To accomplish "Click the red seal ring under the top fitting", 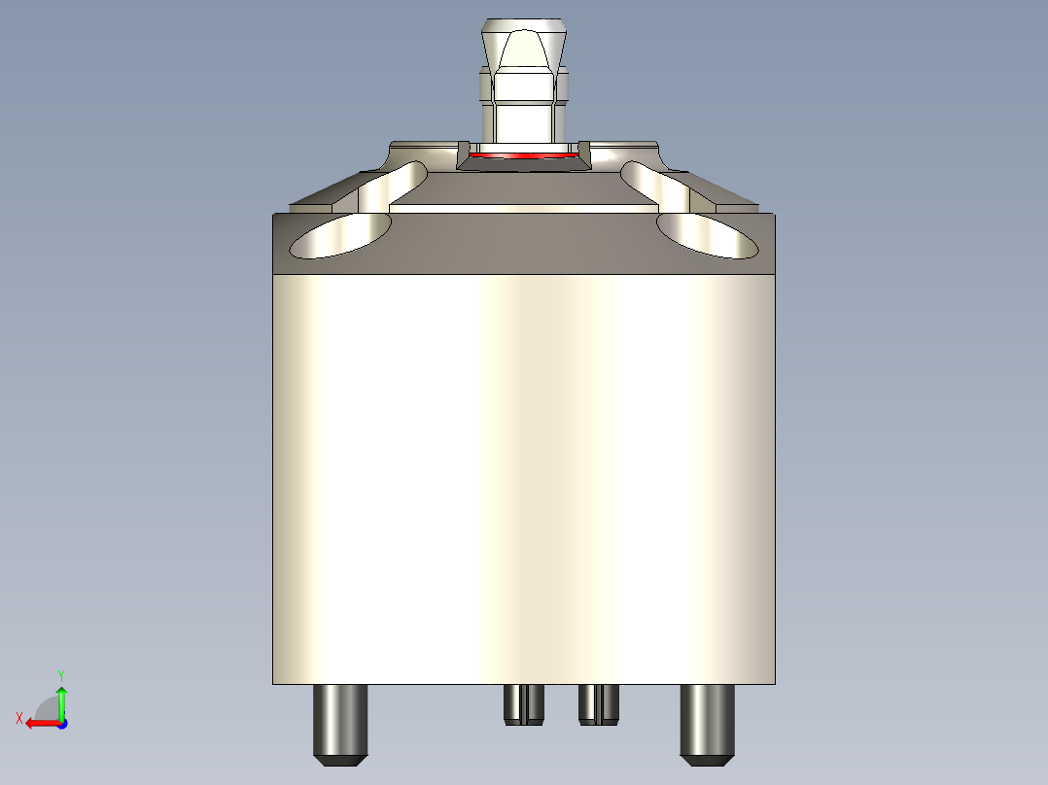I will [x=519, y=154].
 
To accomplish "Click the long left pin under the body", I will [x=339, y=719].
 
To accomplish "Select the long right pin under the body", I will [x=707, y=719].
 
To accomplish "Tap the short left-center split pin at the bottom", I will [x=524, y=703].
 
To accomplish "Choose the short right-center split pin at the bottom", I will [x=599, y=703].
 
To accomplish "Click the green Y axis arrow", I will [x=61, y=700].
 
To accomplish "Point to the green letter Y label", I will [x=60, y=674].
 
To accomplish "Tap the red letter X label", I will [x=18, y=718].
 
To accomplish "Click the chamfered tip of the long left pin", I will [x=339, y=757].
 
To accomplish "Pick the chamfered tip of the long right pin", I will [x=707, y=757].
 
